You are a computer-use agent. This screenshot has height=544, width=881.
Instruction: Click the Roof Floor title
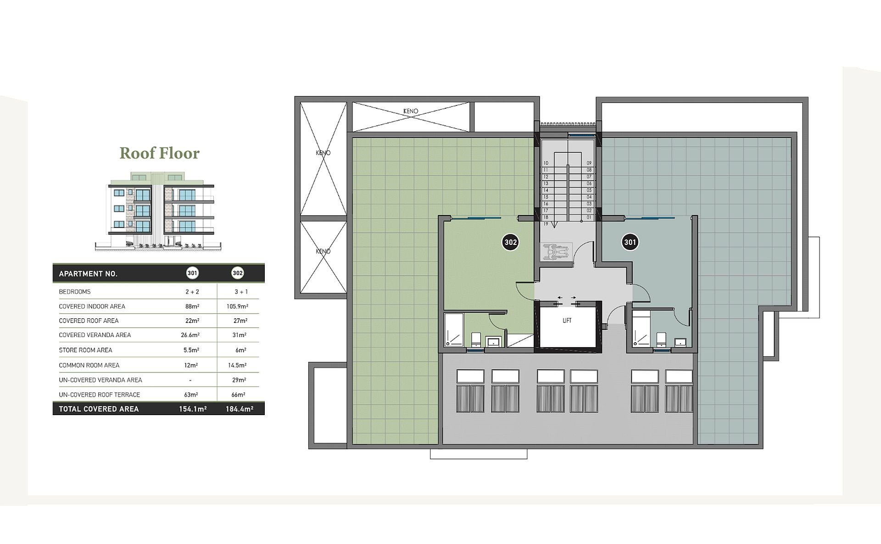(x=160, y=153)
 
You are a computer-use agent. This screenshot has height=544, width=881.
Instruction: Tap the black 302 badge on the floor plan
(x=510, y=242)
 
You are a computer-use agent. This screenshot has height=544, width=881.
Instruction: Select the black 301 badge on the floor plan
(x=630, y=242)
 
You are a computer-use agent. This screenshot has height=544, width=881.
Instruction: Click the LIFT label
(x=567, y=321)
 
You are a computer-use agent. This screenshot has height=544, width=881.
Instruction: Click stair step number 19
(x=546, y=224)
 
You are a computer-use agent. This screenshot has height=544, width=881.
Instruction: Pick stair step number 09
(x=589, y=163)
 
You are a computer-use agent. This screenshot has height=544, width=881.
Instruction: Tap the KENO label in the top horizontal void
(x=411, y=111)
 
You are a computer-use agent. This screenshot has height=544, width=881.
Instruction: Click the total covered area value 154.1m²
(x=193, y=409)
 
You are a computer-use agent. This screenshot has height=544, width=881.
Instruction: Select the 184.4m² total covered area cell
(x=239, y=409)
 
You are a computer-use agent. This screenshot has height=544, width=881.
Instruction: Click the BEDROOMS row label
(x=75, y=292)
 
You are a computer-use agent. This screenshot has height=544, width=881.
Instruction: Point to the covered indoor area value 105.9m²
(x=237, y=306)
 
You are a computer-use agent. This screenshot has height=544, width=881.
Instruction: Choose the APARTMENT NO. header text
(x=88, y=274)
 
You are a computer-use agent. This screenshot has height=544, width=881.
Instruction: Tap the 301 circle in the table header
(x=192, y=273)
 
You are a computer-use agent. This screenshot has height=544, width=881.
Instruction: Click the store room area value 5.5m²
(x=191, y=350)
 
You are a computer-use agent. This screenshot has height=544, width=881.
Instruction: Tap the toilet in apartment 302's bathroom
(x=476, y=339)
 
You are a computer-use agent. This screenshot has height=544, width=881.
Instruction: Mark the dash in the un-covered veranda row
(x=190, y=380)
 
